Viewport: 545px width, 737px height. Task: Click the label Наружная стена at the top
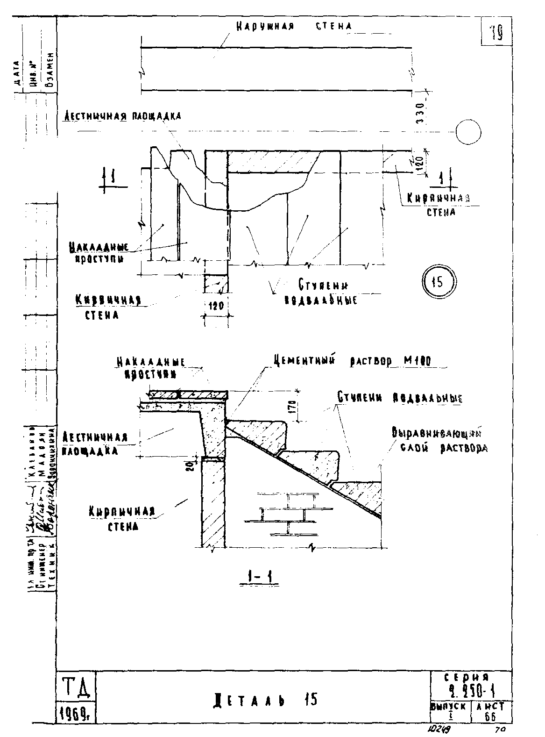pos(294,26)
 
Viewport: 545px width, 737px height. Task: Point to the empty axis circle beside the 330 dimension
pos(468,132)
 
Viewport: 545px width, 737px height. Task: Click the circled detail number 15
pos(439,282)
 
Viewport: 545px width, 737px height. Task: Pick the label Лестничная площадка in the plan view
pos(121,116)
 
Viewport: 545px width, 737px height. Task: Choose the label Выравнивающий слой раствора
pos(439,440)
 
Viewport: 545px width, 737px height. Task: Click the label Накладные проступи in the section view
pos(151,367)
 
